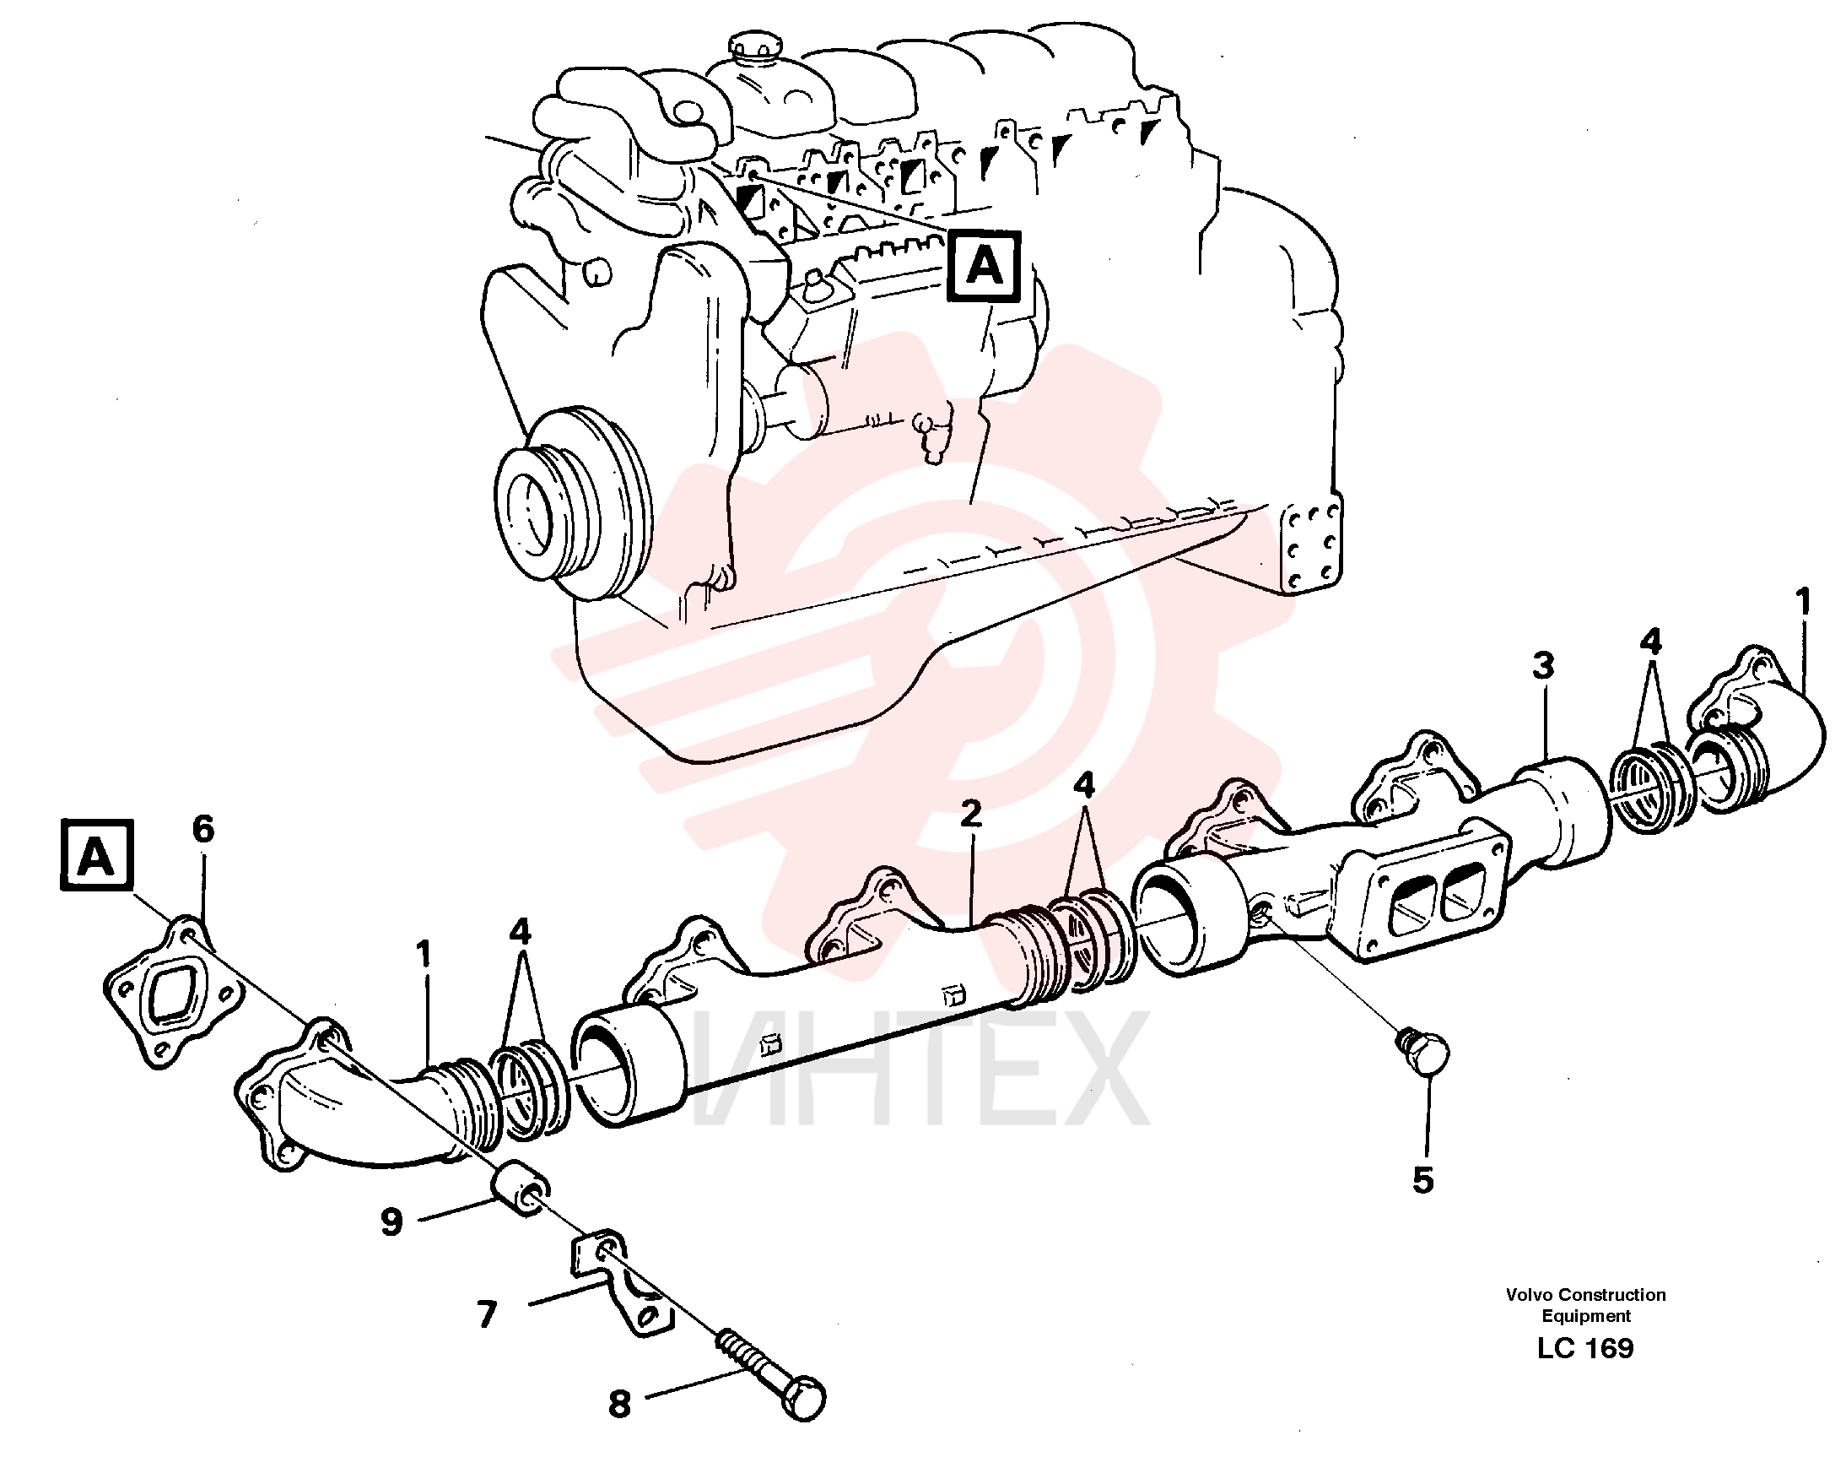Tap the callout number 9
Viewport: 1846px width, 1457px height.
[x=391, y=1222]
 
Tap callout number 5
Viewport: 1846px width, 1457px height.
[x=1423, y=1181]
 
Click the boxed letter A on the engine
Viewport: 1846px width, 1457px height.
[x=984, y=267]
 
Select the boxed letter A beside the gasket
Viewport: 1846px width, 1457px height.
[x=97, y=856]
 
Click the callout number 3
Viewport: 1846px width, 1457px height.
[x=1542, y=666]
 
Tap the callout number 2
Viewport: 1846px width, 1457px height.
[x=970, y=814]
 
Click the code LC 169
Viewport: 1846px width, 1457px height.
[x=1585, y=1349]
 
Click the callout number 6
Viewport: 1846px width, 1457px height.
[x=203, y=828]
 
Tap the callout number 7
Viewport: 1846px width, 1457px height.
[x=487, y=1314]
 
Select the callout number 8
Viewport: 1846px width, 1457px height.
[x=619, y=1403]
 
